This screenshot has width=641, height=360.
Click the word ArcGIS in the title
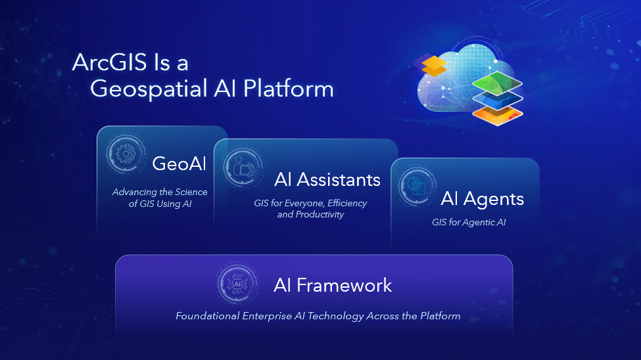pos(110,62)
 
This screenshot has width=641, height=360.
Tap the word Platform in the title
pos(288,89)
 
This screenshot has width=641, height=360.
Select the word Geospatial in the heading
pos(149,90)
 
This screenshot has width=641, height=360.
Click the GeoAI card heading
pos(179,164)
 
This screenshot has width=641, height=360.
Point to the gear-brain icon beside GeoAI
pos(126,154)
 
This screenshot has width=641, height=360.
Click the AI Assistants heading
pos(327,180)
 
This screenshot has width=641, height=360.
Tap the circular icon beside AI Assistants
pos(243,168)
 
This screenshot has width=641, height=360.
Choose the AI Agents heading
pos(483,200)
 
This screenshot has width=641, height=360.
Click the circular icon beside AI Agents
pos(417,187)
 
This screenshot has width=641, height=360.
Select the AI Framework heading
pos(333,285)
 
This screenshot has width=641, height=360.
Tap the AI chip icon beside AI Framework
pos(237,284)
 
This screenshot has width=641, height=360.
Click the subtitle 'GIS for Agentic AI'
pos(469,222)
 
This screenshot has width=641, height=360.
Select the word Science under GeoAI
pos(191,192)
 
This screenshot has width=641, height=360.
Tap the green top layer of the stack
pos(497,83)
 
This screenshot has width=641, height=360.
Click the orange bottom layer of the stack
pos(498,114)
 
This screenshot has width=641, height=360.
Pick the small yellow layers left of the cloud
pos(434,66)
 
